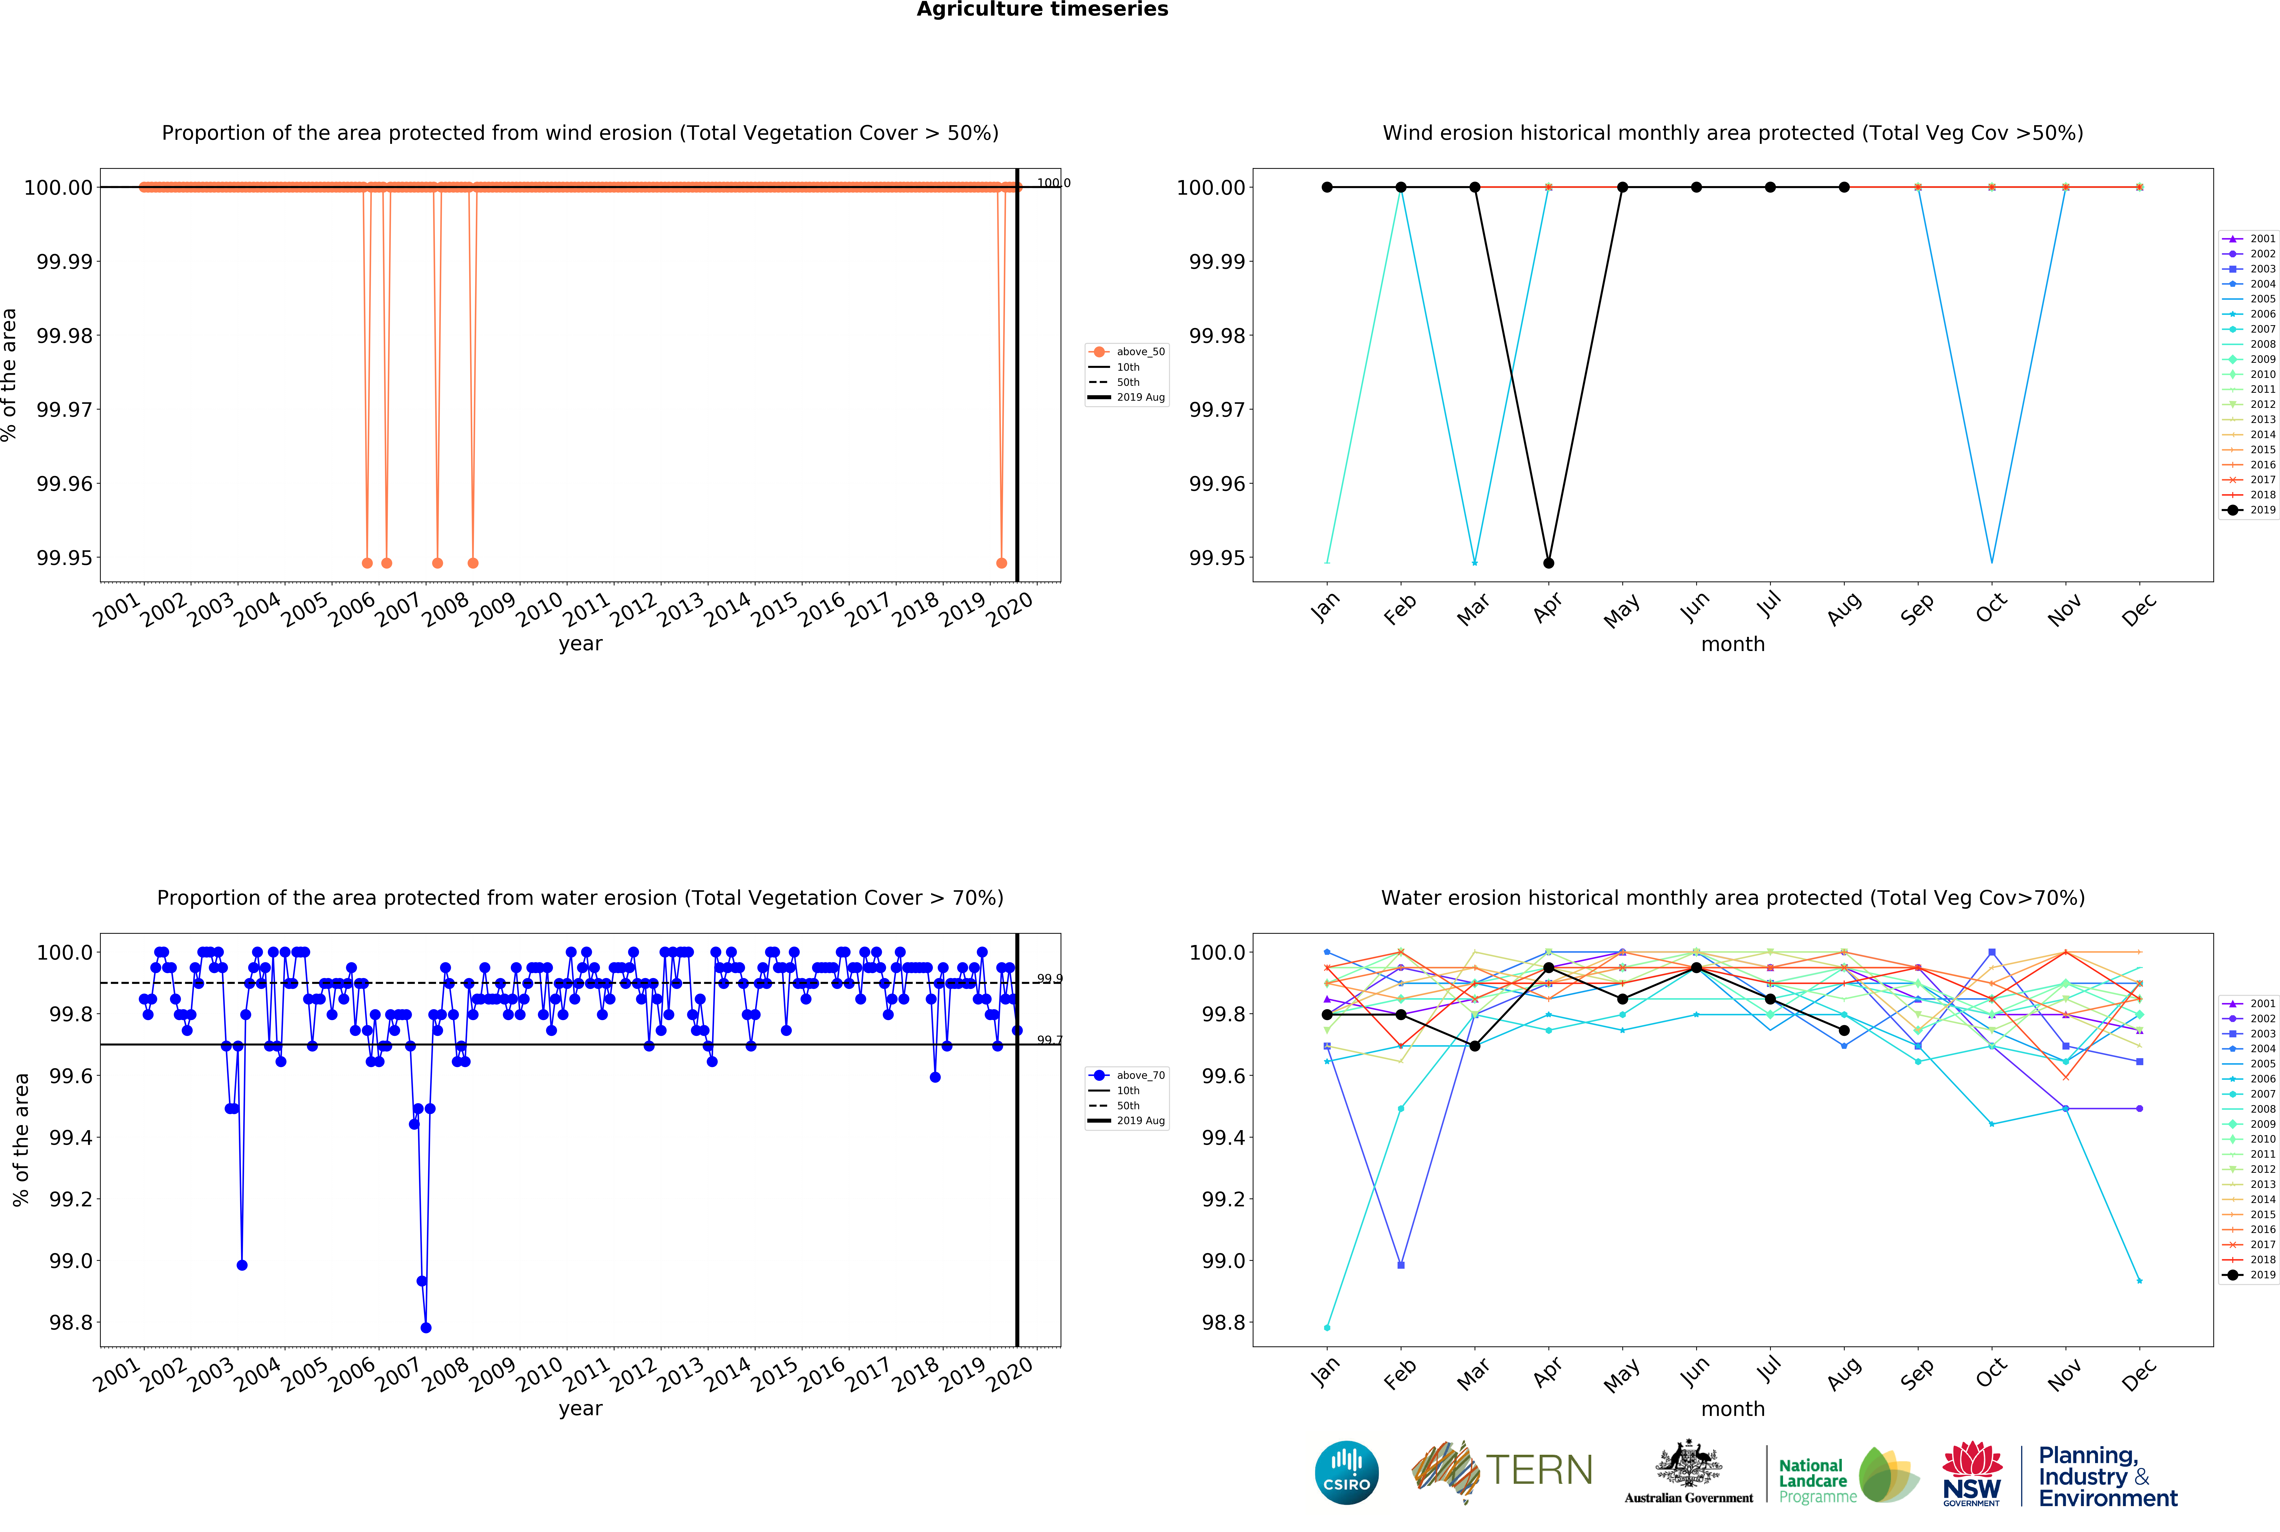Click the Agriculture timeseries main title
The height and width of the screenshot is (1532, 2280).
(x=1042, y=10)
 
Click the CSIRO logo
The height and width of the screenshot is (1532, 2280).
(x=1347, y=1472)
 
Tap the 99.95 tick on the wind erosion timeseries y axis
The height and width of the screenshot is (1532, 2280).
(x=65, y=558)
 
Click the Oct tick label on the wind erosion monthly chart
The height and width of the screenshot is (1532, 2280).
(x=1991, y=608)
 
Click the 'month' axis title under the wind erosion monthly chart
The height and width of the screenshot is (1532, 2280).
(x=1733, y=644)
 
